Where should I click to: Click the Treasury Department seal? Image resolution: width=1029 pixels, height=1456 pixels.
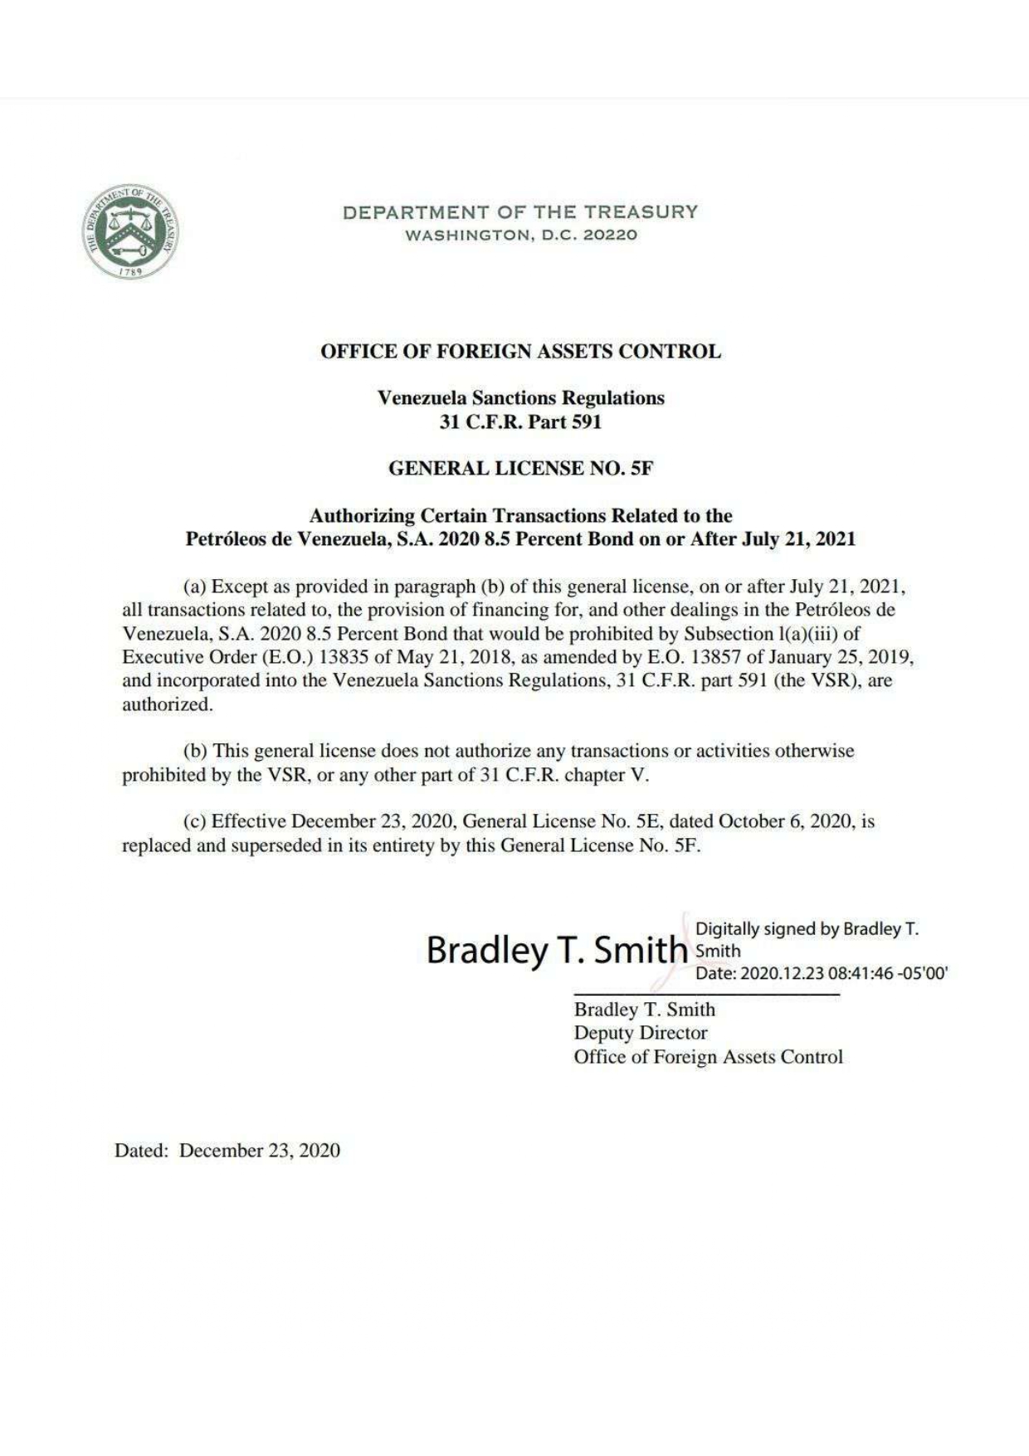click(129, 231)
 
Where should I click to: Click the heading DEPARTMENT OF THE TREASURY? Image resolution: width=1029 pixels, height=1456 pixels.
click(520, 212)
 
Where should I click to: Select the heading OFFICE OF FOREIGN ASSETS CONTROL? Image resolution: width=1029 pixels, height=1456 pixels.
click(520, 352)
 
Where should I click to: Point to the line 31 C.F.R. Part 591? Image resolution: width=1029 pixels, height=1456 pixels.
click(520, 422)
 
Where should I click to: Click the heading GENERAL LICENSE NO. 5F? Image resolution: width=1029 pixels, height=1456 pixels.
click(520, 469)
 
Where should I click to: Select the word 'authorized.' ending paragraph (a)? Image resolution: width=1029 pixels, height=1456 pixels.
click(168, 705)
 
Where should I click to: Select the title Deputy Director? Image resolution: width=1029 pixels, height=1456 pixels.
click(641, 1034)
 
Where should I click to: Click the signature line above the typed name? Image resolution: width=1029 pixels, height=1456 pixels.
click(706, 994)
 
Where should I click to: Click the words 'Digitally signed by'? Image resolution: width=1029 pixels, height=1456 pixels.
click(767, 929)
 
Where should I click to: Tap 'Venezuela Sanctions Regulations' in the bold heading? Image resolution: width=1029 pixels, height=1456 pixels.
click(520, 398)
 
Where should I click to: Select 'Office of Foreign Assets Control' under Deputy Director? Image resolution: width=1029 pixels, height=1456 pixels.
click(708, 1058)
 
